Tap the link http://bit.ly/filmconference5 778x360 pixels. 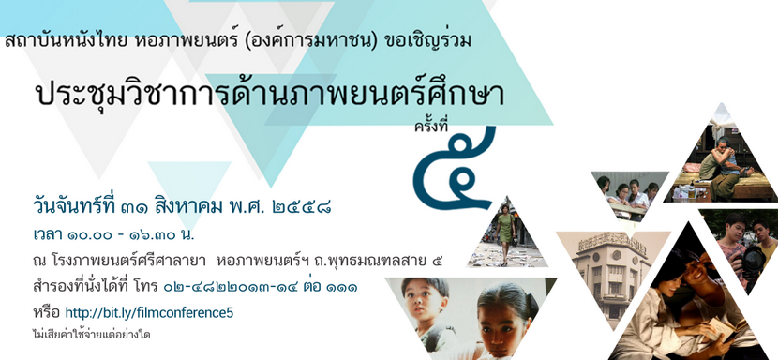click(149, 313)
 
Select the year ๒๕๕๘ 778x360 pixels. click(302, 205)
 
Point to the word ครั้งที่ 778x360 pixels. click(431, 127)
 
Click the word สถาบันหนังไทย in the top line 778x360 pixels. click(67, 41)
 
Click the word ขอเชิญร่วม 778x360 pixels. click(429, 41)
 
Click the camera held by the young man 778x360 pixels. click(752, 261)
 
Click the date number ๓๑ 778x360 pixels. click(133, 205)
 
